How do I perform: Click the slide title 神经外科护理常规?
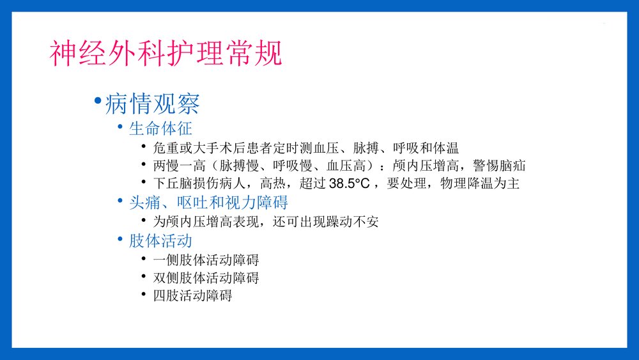[x=166, y=54]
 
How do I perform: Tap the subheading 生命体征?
[x=160, y=129]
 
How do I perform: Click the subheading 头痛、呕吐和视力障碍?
[x=208, y=203]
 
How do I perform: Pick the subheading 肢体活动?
[x=160, y=241]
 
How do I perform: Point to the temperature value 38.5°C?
[x=349, y=184]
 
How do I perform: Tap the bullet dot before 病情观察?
[x=97, y=102]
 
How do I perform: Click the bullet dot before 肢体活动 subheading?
[x=121, y=239]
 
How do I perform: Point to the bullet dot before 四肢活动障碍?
[x=144, y=294]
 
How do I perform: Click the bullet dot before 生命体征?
[x=121, y=127]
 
